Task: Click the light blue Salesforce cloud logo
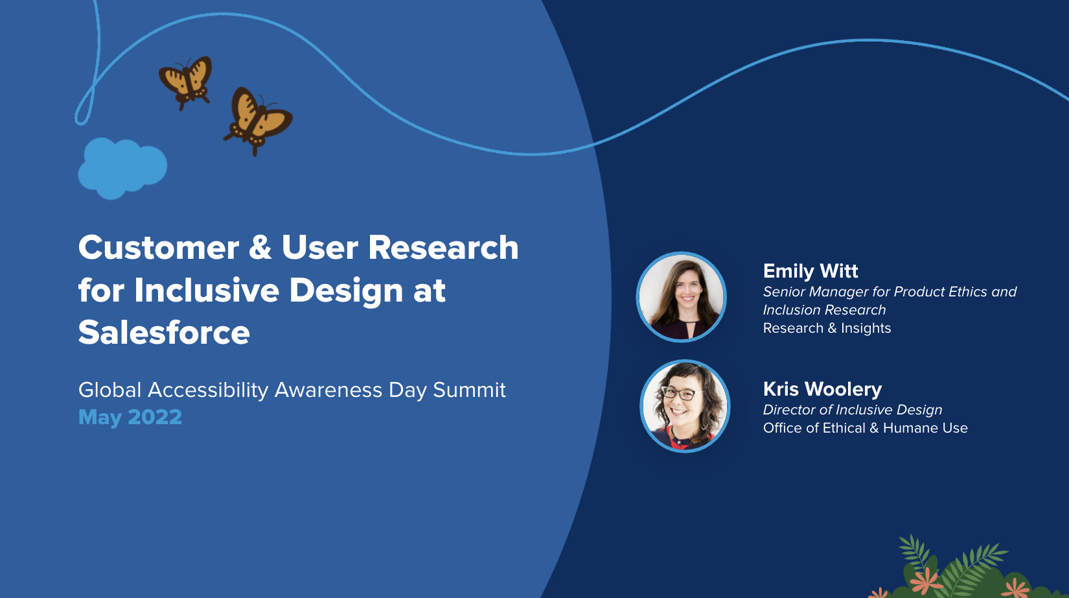click(x=122, y=168)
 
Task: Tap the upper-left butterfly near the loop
click(x=186, y=82)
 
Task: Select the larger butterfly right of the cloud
click(x=258, y=121)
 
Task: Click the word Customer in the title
click(x=159, y=247)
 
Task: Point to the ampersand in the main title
click(x=260, y=247)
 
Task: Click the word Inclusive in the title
click(x=207, y=290)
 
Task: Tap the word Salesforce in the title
click(x=164, y=333)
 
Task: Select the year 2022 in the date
click(x=155, y=417)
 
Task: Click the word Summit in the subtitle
click(x=469, y=390)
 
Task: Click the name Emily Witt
click(x=810, y=271)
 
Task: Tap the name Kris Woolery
click(x=822, y=389)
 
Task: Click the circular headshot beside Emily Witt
click(x=682, y=297)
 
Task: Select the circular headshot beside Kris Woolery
click(x=685, y=406)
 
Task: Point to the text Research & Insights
click(x=827, y=328)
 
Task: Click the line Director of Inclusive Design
click(x=853, y=410)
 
